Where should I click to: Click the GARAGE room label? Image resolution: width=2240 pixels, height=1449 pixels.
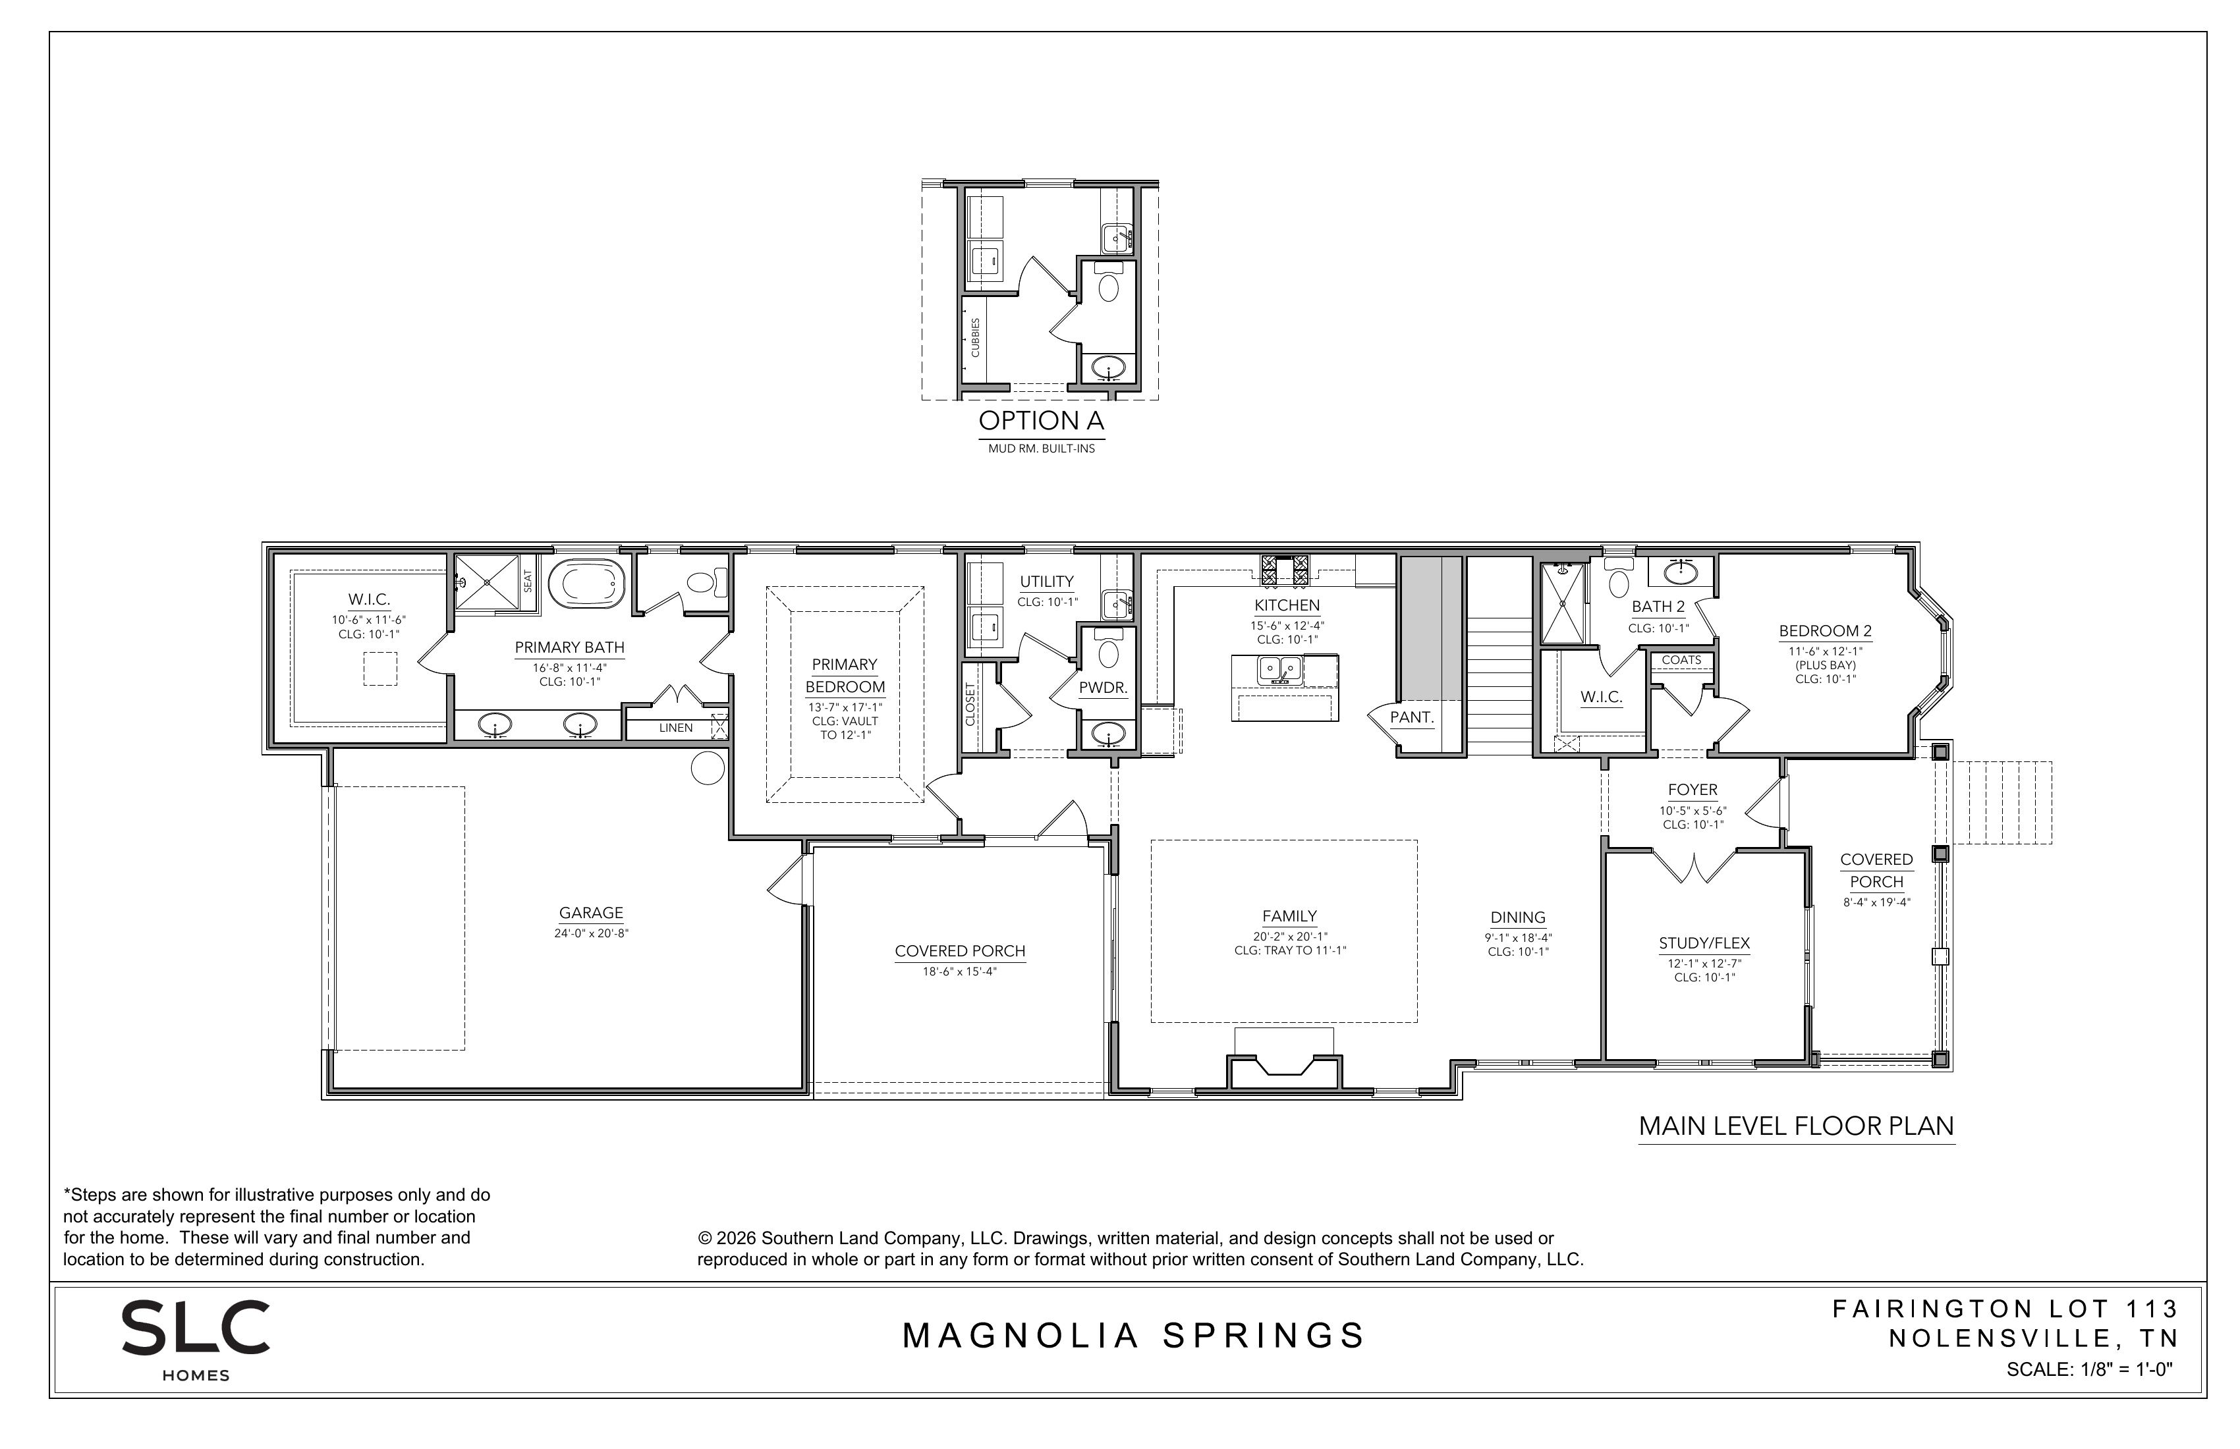(x=591, y=913)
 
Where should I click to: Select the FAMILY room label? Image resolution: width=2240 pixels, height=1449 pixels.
(x=1289, y=916)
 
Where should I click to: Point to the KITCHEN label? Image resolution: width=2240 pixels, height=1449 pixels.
(x=1287, y=606)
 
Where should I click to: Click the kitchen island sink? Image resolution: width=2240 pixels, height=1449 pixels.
(x=1280, y=670)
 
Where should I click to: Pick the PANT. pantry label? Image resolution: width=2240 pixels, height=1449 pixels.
(x=1412, y=718)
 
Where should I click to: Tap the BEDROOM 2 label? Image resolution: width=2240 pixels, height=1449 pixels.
(x=1825, y=632)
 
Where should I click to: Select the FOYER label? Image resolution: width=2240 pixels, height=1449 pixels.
(x=1693, y=790)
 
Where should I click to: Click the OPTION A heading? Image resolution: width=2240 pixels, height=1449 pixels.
(x=1041, y=421)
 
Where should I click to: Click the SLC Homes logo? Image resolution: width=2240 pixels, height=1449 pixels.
(x=196, y=1340)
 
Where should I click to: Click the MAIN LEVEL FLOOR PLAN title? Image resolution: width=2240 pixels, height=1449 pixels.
(x=1797, y=1126)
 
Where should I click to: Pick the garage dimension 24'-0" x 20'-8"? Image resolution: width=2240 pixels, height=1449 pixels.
(x=591, y=933)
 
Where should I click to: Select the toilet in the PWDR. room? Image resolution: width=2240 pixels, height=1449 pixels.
(x=1109, y=649)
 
